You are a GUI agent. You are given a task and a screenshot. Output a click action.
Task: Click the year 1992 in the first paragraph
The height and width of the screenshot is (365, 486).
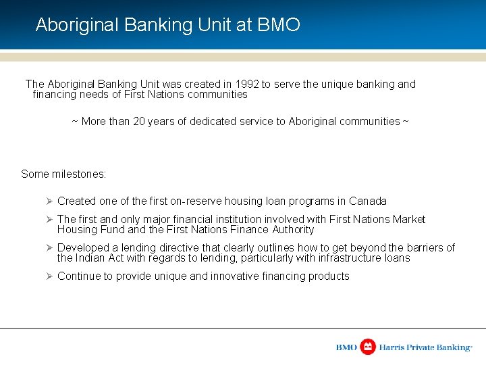(247, 84)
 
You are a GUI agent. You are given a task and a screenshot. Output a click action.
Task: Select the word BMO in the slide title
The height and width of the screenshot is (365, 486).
(279, 25)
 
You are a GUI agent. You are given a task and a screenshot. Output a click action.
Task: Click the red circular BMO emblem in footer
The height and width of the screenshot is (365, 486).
(368, 347)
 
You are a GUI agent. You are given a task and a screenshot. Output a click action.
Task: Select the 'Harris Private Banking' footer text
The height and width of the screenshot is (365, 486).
(425, 347)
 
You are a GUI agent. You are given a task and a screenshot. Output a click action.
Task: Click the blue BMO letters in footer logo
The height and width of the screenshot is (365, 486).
(346, 347)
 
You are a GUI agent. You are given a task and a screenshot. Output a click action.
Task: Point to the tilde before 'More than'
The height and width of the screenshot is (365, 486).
(75, 122)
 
